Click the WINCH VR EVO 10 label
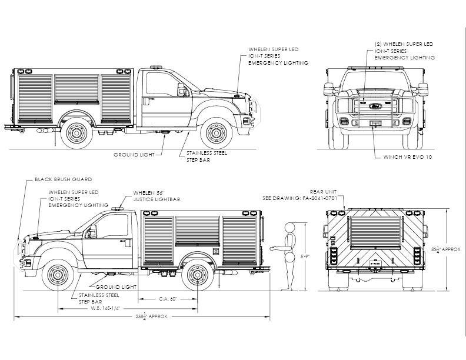coord(407,157)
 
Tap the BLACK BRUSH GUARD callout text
coord(64,179)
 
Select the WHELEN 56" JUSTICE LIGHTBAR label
coord(157,196)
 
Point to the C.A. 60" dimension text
coord(168,299)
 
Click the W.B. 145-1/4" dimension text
coord(105,308)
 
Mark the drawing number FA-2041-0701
coord(320,198)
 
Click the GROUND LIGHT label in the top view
coord(134,155)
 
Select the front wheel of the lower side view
coord(58,275)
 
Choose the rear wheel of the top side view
coord(76,133)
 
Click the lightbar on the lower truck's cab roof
coord(118,208)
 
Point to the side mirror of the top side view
coord(181,89)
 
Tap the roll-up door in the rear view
coord(375,232)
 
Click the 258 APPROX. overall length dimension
coord(152,316)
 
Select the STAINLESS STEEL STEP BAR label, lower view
coord(99,298)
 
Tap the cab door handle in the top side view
coord(146,101)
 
